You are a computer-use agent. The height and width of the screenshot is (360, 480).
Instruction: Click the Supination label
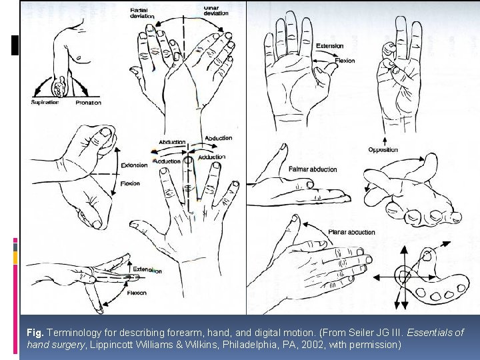click(45, 102)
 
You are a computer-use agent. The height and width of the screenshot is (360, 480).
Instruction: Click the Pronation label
click(88, 102)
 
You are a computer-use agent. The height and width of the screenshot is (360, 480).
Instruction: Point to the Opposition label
click(383, 149)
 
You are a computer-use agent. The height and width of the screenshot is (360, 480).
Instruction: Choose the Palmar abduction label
click(313, 169)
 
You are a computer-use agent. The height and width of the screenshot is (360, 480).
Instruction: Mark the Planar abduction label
click(351, 232)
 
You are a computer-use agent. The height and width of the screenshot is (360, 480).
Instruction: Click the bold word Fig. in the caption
click(35, 332)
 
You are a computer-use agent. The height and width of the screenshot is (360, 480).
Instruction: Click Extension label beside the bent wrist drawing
click(134, 165)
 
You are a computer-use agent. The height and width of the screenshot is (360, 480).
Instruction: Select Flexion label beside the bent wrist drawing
click(130, 183)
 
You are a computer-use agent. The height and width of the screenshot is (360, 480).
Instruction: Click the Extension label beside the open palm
click(329, 46)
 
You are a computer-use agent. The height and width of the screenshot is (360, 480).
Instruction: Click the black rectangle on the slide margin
click(15, 44)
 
